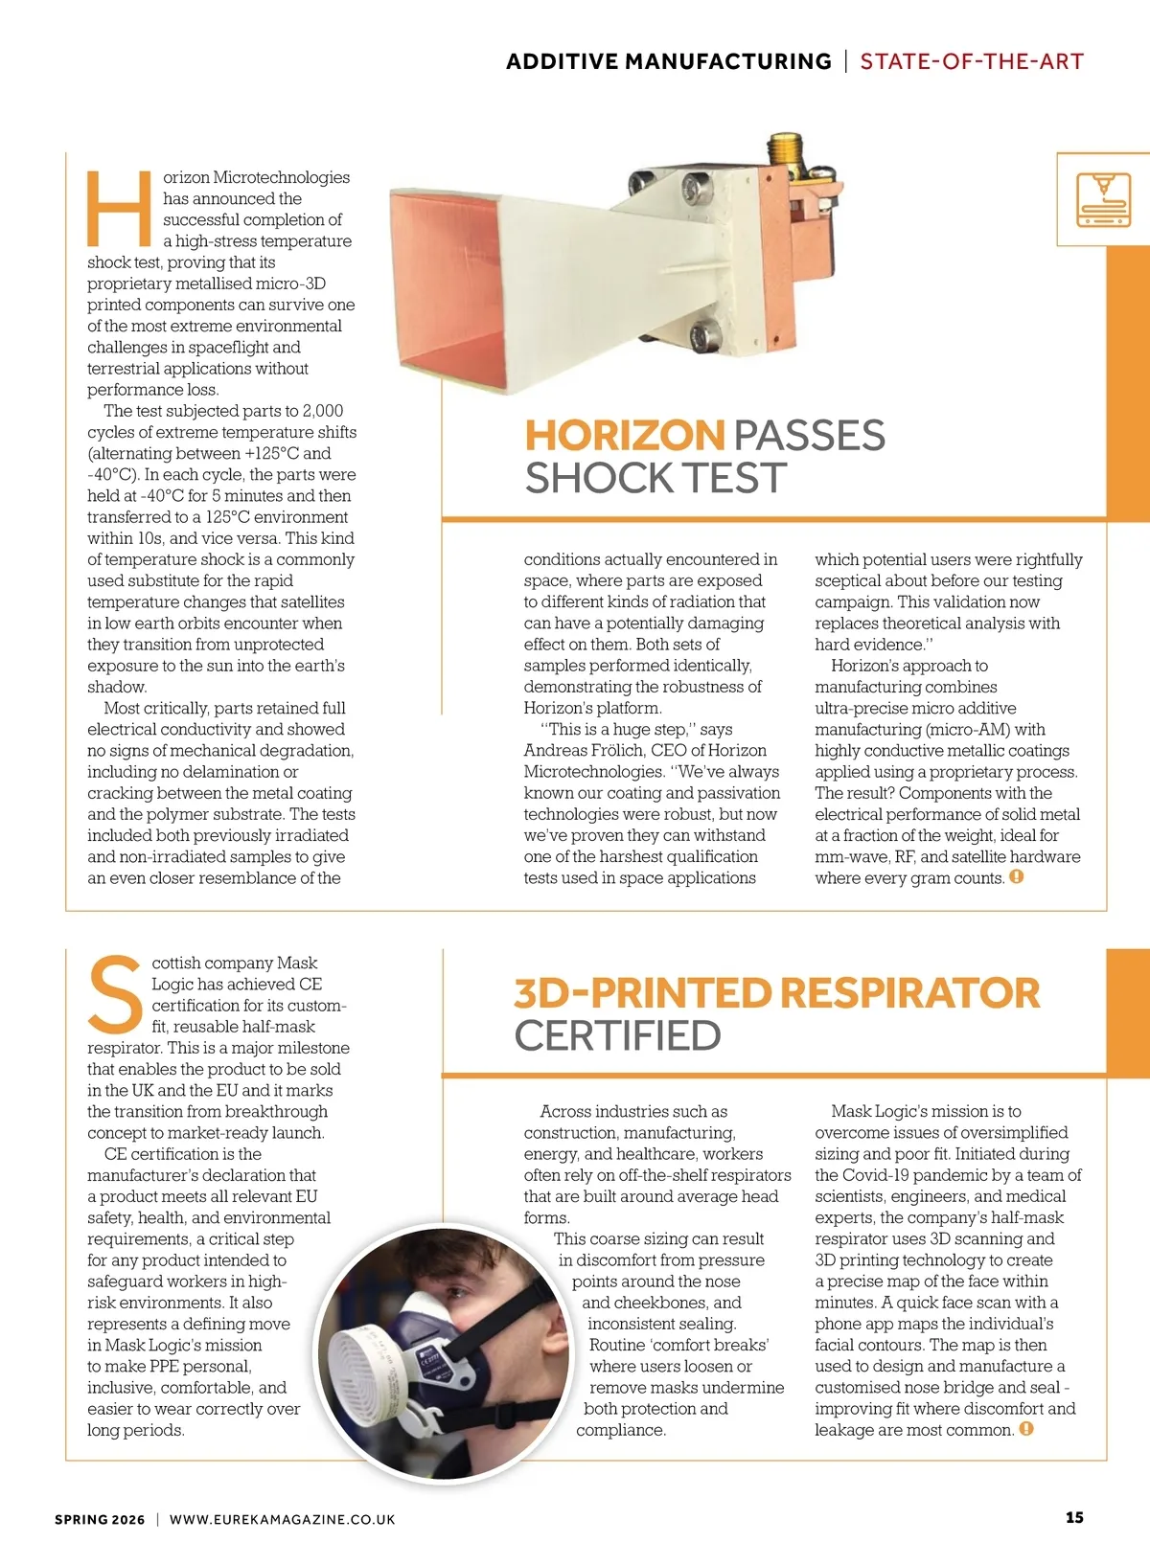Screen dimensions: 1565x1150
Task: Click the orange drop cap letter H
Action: coord(119,208)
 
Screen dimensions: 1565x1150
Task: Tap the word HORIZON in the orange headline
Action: coord(624,436)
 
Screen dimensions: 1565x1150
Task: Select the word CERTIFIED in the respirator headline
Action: coord(617,1035)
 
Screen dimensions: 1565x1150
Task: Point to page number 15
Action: coord(1074,1517)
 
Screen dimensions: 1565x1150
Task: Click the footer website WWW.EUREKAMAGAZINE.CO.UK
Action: coord(282,1519)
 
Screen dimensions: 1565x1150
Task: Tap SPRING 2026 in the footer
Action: coord(100,1519)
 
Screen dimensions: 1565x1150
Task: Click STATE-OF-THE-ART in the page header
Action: coord(971,62)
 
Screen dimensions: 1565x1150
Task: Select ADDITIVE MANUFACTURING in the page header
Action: coord(668,62)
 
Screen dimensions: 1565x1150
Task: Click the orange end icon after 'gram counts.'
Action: coord(1017,876)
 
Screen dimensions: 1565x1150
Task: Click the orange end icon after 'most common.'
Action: coord(1026,1429)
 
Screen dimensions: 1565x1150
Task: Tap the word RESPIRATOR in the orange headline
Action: coord(910,993)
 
